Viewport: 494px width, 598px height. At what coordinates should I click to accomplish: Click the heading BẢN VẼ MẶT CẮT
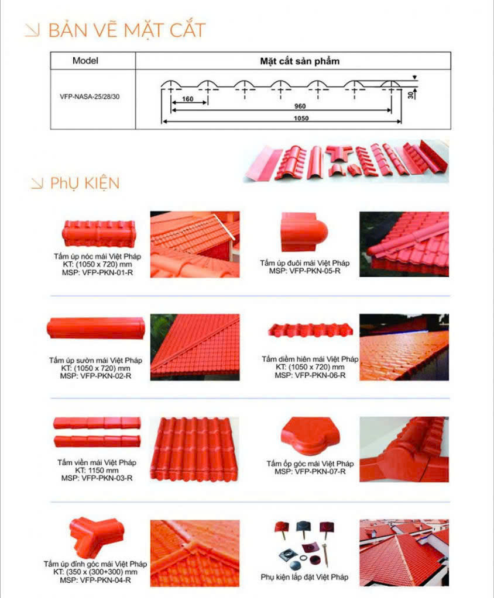click(127, 30)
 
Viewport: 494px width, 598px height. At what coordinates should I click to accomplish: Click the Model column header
click(85, 61)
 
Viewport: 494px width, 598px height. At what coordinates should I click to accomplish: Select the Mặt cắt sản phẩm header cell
click(300, 61)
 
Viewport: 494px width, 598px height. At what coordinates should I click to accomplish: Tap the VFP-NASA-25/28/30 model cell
click(90, 97)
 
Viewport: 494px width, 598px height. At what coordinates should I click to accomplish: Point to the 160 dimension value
click(188, 99)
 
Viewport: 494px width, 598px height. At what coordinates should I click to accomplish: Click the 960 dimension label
click(300, 106)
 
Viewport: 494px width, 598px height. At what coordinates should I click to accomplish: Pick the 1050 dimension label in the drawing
click(301, 118)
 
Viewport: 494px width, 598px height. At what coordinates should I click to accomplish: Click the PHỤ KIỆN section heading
click(85, 183)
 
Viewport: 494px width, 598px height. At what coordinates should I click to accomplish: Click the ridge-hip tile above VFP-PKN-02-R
click(96, 328)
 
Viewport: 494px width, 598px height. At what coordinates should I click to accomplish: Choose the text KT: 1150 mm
click(97, 470)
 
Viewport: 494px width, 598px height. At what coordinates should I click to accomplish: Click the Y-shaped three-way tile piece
click(97, 536)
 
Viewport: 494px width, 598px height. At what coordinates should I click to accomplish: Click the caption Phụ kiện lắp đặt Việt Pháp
click(304, 577)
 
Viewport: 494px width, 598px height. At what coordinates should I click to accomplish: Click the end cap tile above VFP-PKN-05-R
click(304, 232)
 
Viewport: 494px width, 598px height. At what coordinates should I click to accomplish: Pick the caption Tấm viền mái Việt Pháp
click(97, 462)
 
